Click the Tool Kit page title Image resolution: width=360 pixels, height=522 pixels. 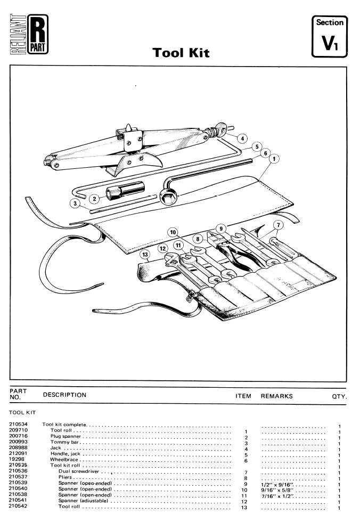pyautogui.click(x=181, y=53)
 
